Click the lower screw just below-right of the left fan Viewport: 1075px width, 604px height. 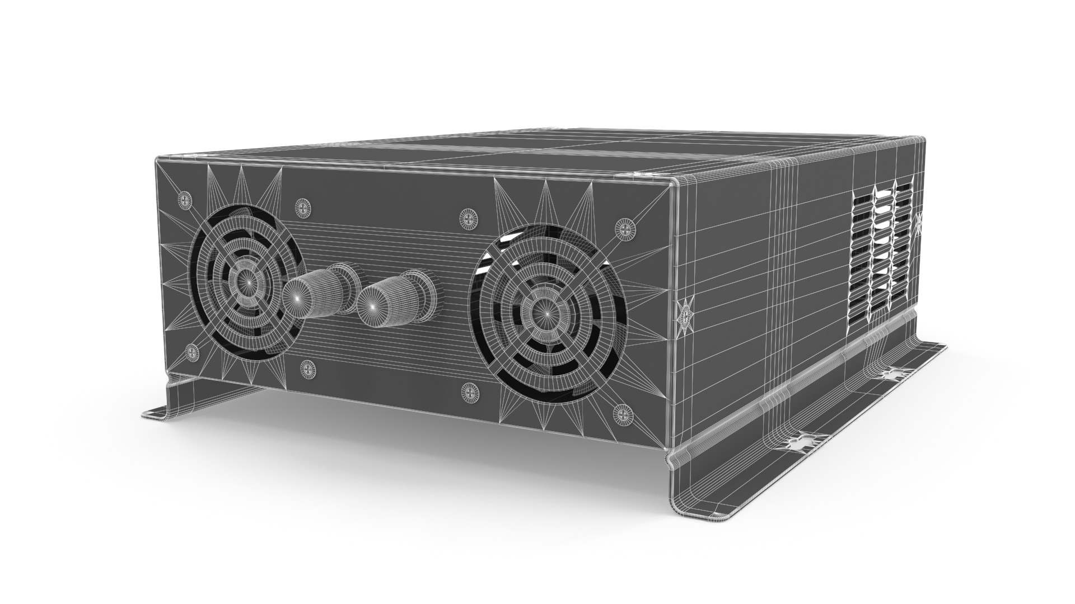pyautogui.click(x=307, y=368)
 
